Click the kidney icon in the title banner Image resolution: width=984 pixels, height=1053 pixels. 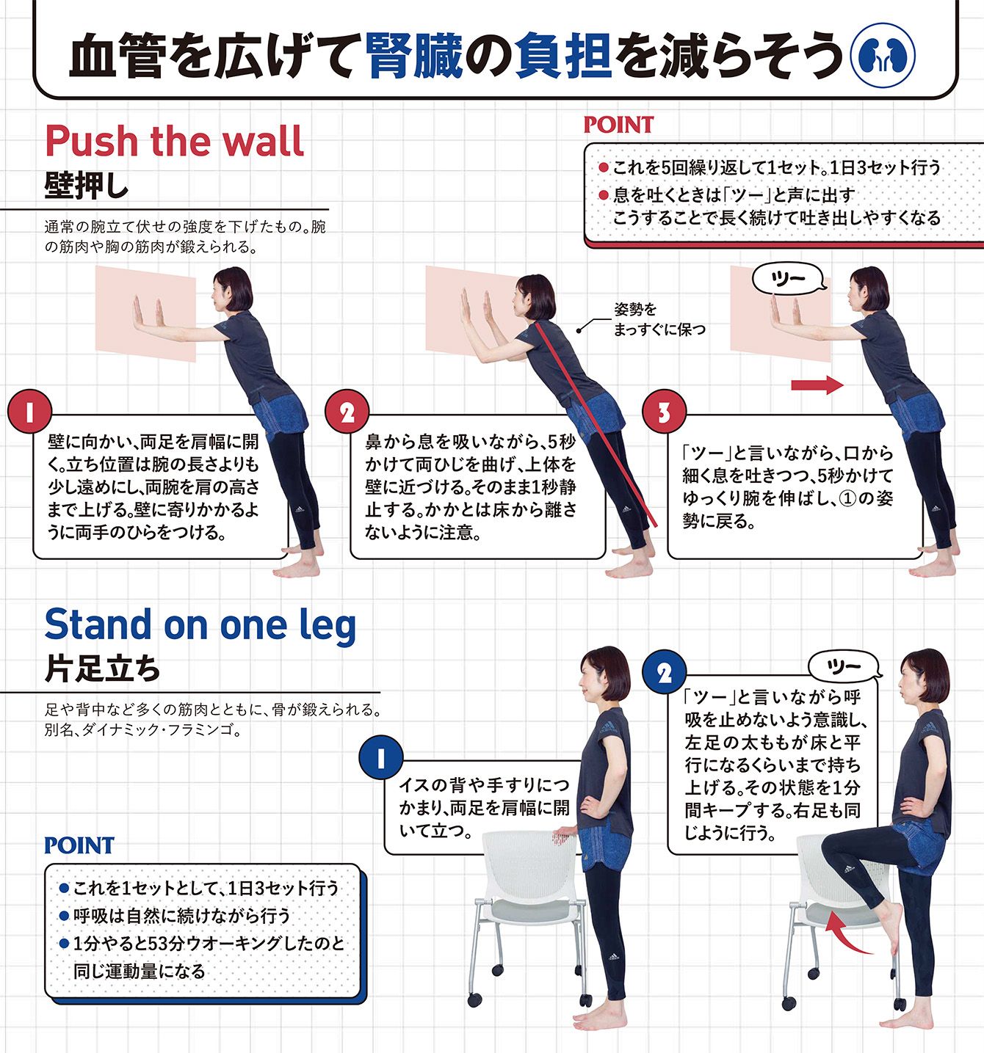tap(883, 55)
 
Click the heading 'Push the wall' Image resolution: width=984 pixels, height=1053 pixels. tap(175, 140)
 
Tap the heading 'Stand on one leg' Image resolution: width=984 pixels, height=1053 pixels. tap(200, 626)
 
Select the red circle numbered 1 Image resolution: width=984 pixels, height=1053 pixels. tap(29, 412)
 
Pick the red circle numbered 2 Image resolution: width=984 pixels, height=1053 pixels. tap(347, 412)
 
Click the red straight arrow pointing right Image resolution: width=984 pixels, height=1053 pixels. tap(817, 385)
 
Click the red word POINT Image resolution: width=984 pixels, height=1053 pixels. tap(618, 125)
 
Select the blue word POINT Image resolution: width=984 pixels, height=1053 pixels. tap(79, 845)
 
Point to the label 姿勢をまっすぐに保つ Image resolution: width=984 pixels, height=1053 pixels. tap(659, 319)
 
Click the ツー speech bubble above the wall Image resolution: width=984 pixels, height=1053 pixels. tap(789, 280)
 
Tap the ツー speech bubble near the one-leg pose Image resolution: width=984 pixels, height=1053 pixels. tap(843, 666)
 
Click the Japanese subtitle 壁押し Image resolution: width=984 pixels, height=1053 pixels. tap(87, 185)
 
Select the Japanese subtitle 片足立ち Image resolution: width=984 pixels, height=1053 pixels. tap(102, 669)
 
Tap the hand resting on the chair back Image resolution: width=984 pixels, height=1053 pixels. tap(564, 837)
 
